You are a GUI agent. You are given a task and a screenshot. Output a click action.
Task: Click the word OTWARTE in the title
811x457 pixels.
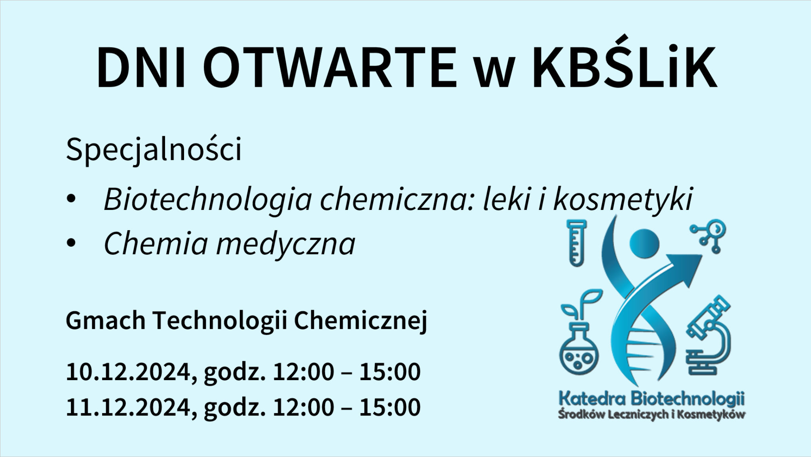click(x=331, y=68)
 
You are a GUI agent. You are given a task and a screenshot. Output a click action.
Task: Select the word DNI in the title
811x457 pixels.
click(x=141, y=68)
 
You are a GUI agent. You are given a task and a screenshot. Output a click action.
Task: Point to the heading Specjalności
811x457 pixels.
click(x=154, y=150)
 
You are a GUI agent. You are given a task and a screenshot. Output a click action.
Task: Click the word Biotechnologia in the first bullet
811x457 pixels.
click(x=208, y=199)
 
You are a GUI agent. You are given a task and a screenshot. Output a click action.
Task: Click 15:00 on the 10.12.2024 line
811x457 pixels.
click(x=390, y=372)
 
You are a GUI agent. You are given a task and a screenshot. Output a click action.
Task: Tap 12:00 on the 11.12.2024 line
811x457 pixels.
click(x=303, y=407)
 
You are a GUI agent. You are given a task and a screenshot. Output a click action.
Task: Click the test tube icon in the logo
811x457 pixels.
click(x=577, y=243)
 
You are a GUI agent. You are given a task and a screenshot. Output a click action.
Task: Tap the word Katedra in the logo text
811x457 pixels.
click(x=592, y=399)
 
